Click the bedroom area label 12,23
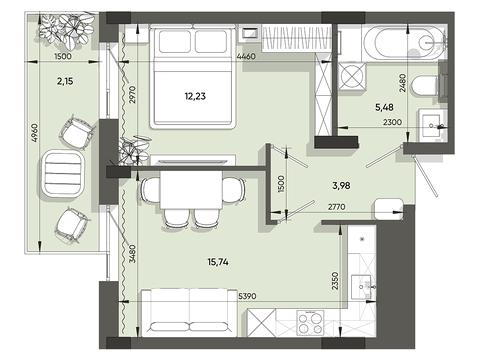195,96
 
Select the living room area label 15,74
218,262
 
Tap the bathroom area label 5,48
384,107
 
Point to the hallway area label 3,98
341,185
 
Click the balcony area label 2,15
65,81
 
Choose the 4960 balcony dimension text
35,132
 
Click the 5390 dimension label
247,296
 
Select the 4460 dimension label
246,56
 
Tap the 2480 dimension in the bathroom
403,83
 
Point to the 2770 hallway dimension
337,207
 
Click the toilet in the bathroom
424,86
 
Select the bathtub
404,43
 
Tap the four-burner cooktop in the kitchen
310,322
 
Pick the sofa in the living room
189,313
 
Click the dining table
191,190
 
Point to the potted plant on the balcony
67,29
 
